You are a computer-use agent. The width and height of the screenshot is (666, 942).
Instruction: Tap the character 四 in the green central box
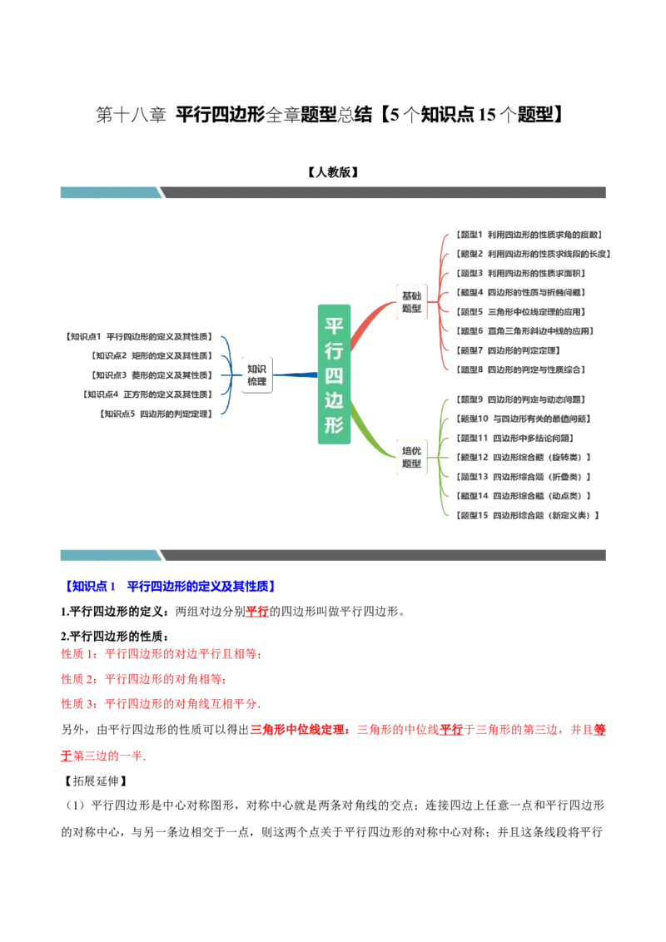tap(334, 374)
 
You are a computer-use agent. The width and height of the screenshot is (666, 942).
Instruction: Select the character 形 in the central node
tap(334, 425)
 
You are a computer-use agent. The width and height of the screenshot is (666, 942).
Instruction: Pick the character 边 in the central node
tap(334, 400)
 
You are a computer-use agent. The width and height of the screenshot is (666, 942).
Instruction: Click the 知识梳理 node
tap(256, 375)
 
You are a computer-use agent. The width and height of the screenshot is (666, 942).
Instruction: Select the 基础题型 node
tap(411, 302)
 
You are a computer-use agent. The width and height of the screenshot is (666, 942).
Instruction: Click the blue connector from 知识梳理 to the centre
tap(293, 375)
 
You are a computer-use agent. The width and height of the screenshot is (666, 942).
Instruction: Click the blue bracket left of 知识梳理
tap(226, 375)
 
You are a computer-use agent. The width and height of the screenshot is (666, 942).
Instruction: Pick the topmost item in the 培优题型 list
tap(520, 400)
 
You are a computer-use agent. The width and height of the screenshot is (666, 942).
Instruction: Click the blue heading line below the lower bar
tap(171, 586)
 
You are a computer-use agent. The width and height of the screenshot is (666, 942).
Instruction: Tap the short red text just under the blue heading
tap(258, 612)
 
